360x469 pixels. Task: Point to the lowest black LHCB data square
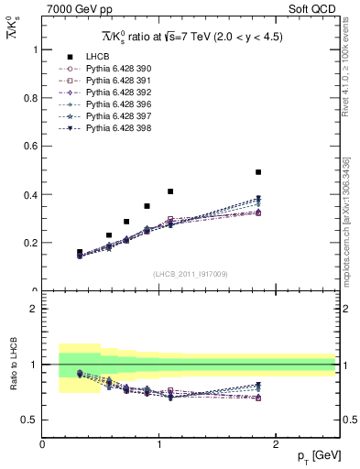(x=80, y=252)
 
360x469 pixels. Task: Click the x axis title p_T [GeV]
(x=313, y=456)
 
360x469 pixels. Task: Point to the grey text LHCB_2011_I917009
(x=190, y=274)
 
